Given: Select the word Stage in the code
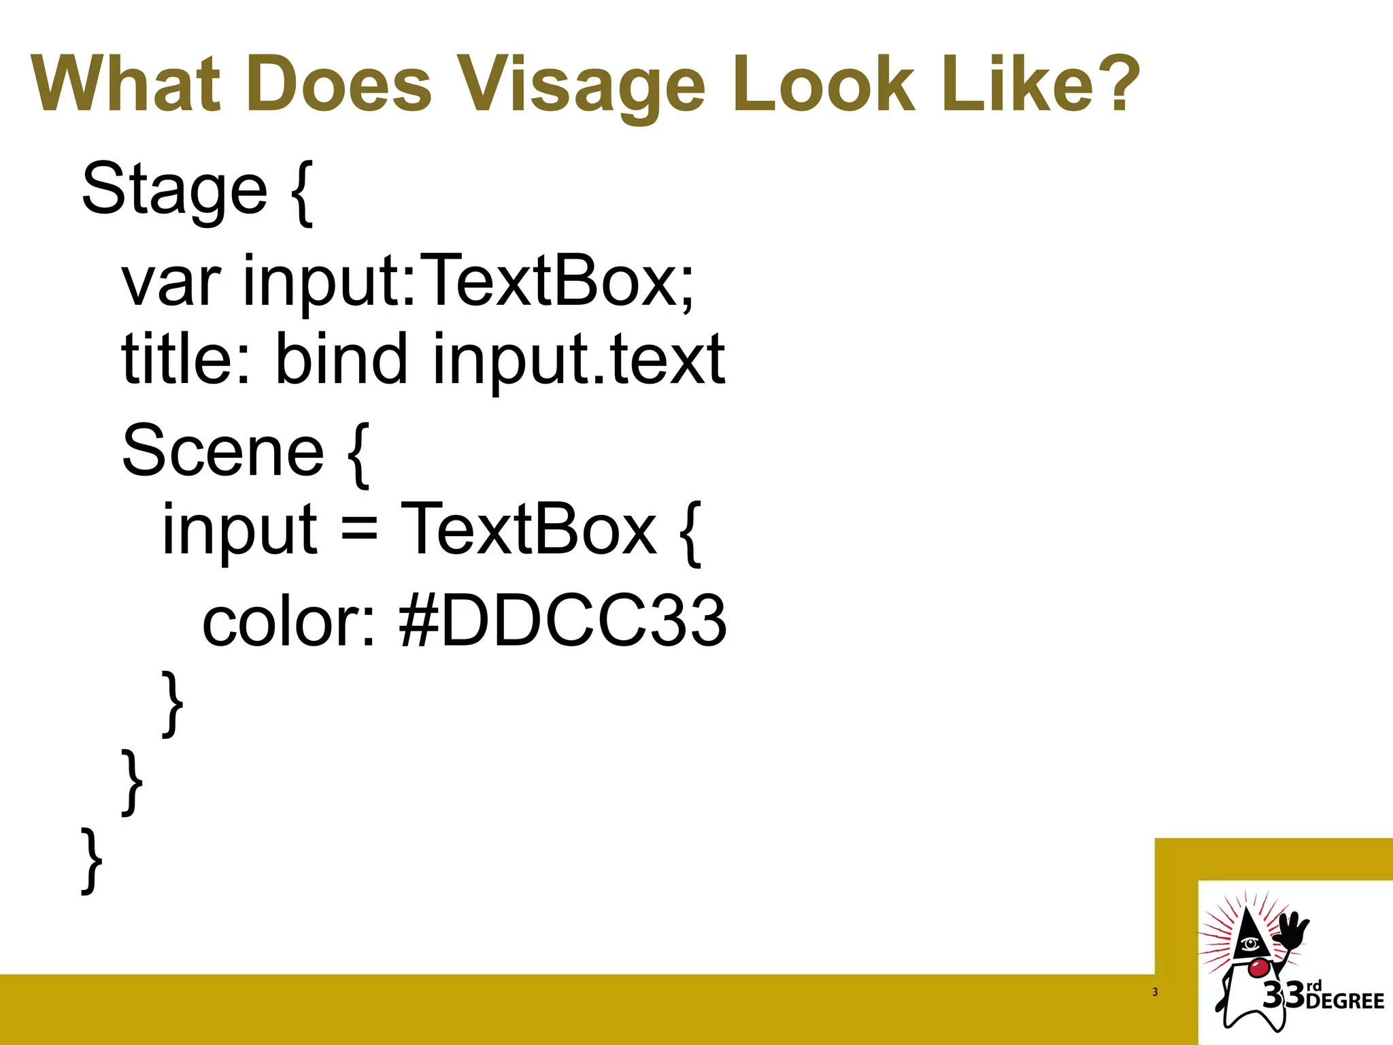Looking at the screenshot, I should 174,189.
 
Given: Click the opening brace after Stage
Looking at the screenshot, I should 302,192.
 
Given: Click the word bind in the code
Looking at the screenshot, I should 341,359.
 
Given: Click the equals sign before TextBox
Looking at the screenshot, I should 358,530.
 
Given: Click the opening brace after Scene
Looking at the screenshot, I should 358,454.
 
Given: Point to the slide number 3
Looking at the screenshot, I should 1155,992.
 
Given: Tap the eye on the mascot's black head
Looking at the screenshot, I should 1249,944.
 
